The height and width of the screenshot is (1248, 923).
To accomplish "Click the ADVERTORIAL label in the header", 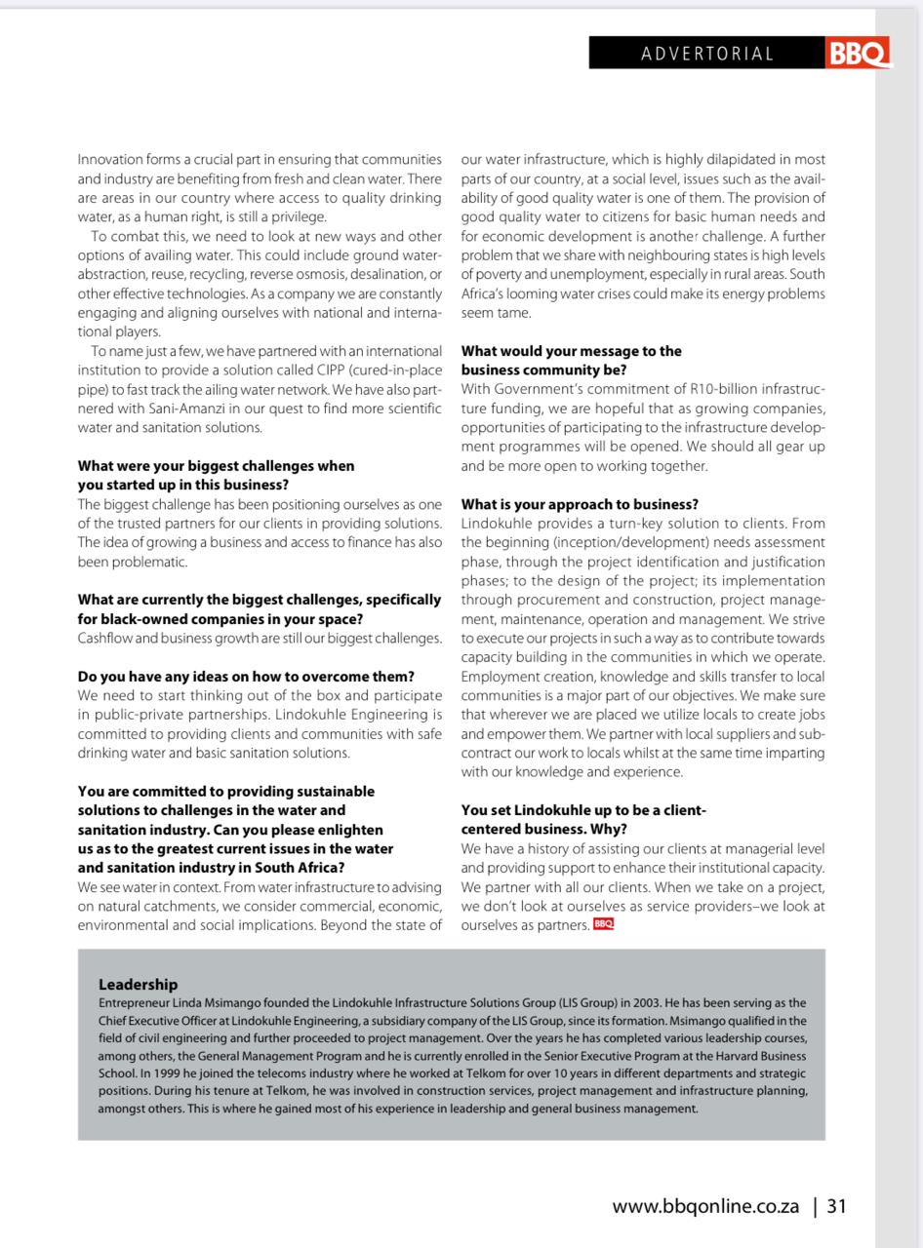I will coord(707,54).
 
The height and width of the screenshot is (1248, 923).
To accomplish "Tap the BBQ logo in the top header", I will coord(859,54).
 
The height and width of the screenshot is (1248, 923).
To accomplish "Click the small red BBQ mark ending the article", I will coord(603,923).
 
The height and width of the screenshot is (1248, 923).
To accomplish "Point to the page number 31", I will coord(836,1206).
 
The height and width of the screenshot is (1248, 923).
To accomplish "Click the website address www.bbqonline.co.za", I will coord(705,1206).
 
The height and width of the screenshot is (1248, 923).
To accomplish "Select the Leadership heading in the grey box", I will coord(138,985).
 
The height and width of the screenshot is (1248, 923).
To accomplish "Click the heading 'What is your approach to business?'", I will coord(580,504).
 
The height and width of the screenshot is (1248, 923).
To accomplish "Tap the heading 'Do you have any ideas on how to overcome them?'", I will coord(246,676).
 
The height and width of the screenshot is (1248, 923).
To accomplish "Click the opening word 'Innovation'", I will coord(110,159).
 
